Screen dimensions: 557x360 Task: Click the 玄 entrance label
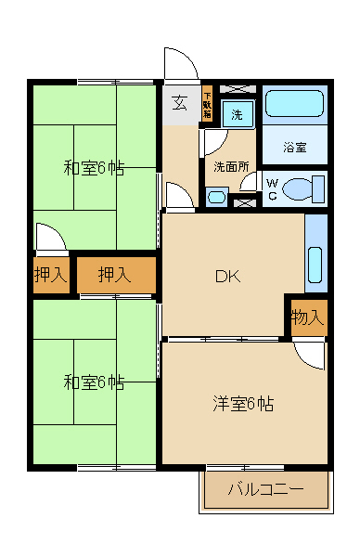click(x=179, y=103)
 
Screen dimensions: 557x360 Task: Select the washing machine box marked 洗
click(x=238, y=114)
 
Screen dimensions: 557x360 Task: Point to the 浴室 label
click(x=294, y=147)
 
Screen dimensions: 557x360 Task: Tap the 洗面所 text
click(x=230, y=167)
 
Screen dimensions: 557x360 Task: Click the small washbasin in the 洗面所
click(x=217, y=196)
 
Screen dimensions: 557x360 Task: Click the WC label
click(x=272, y=189)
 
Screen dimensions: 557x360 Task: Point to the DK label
click(x=228, y=276)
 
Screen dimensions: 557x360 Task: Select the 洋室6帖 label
click(x=243, y=404)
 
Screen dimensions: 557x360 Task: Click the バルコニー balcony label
click(x=265, y=488)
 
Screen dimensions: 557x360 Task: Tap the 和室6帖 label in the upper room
click(x=93, y=168)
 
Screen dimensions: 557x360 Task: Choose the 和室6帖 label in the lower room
click(x=93, y=382)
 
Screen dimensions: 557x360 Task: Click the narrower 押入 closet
click(x=50, y=275)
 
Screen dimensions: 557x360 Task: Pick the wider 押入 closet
click(x=115, y=275)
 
